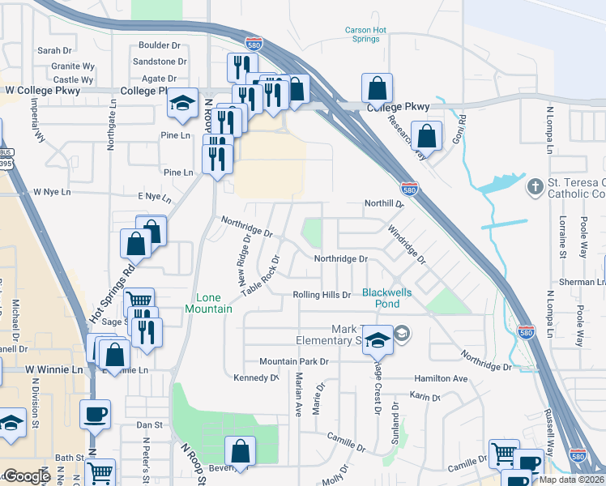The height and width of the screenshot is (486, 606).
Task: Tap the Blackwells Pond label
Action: click(381, 298)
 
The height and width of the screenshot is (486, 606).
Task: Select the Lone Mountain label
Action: click(208, 304)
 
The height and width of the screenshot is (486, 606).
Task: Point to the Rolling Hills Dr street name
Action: click(322, 296)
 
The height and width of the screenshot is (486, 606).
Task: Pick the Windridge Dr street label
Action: click(406, 245)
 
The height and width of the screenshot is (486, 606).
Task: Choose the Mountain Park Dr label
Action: click(293, 361)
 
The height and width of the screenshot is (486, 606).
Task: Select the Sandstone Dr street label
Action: click(160, 61)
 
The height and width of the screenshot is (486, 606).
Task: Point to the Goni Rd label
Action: click(463, 130)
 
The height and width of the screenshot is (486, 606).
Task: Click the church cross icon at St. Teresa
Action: click(534, 188)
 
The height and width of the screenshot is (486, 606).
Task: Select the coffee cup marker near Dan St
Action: click(95, 414)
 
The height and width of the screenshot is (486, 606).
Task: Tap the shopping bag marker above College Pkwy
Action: click(377, 87)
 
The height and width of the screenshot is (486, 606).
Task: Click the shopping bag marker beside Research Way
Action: click(426, 136)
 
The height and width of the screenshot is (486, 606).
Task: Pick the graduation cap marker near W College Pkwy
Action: click(183, 104)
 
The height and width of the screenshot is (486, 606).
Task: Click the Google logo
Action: click(27, 477)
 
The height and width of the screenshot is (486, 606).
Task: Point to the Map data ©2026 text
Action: click(572, 480)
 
